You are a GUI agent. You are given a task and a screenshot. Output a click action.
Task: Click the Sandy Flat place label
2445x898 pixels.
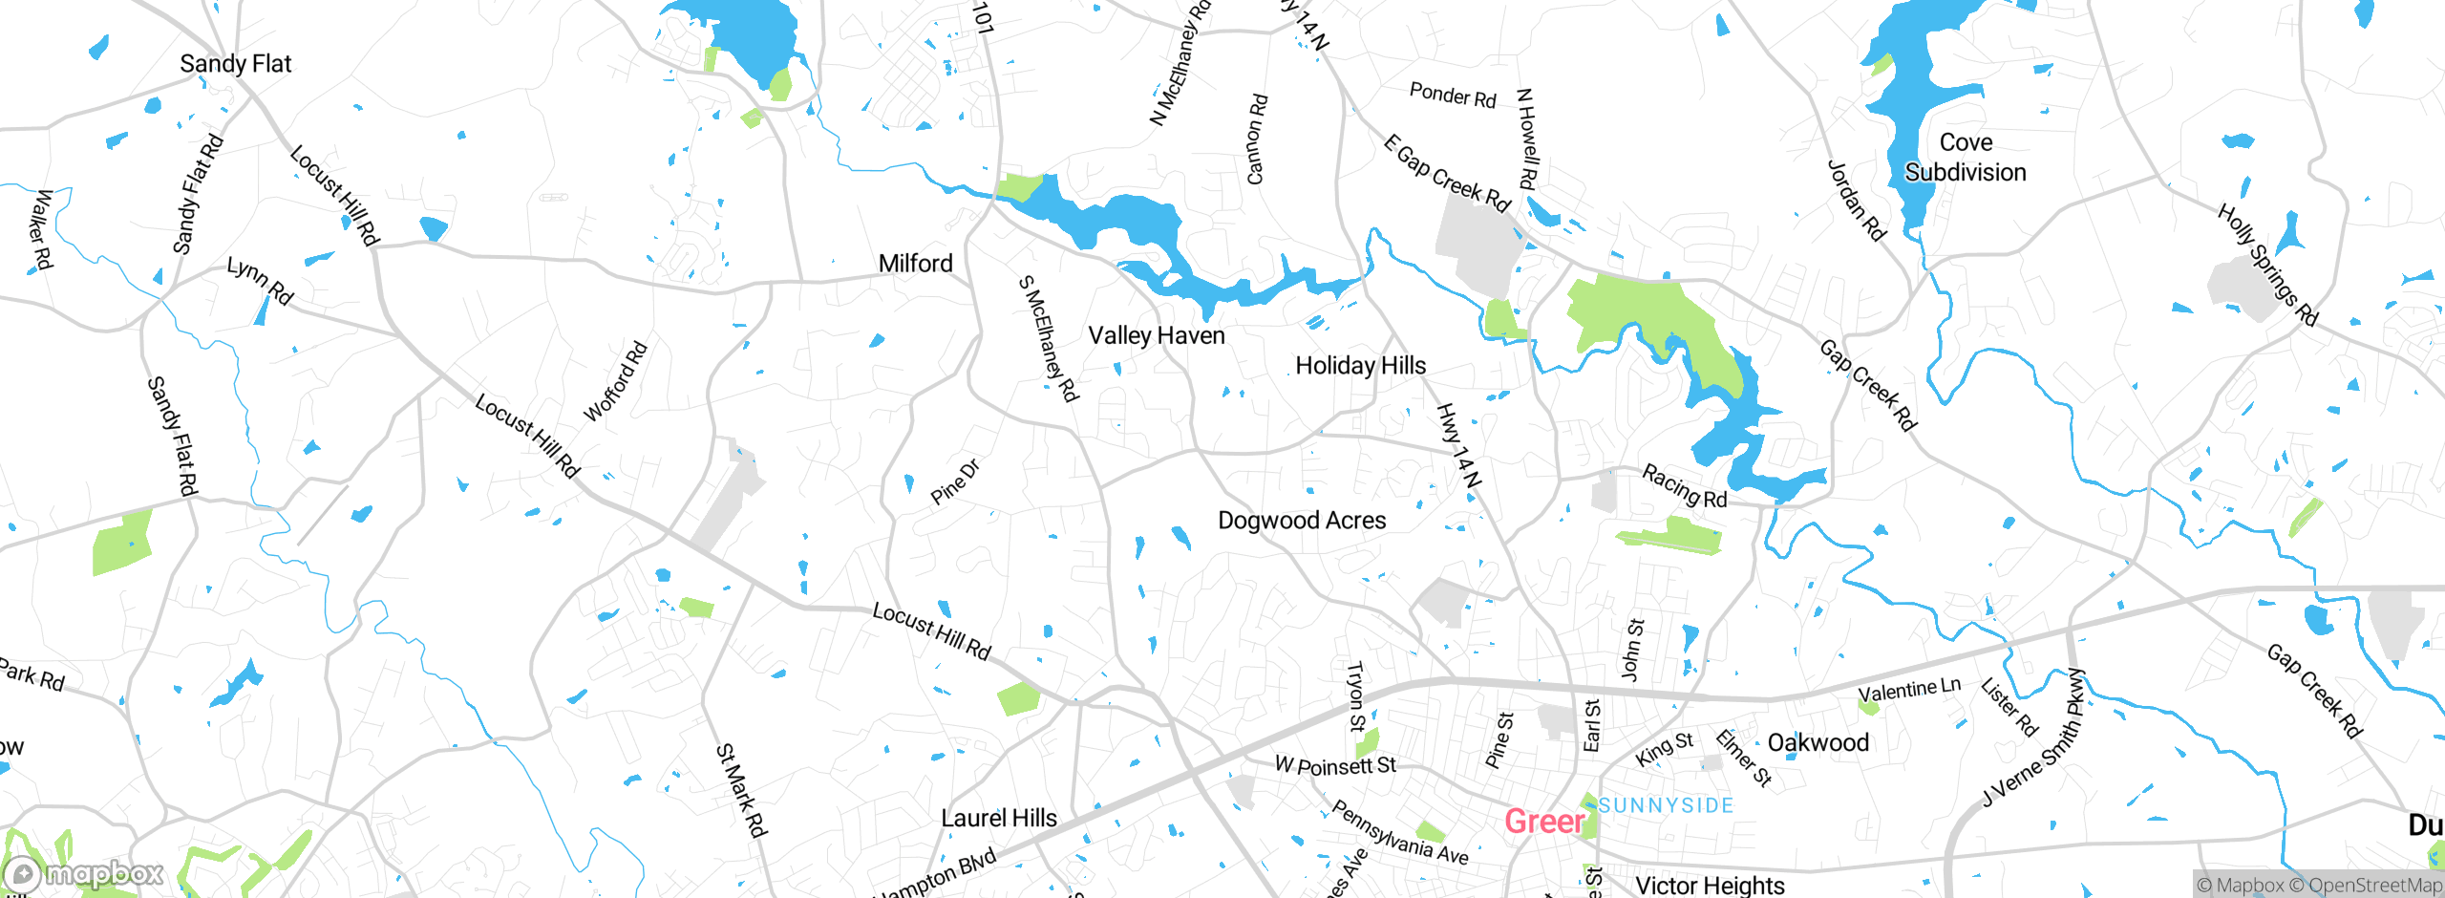coord(235,64)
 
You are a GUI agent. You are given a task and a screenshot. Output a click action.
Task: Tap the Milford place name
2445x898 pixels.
coord(915,264)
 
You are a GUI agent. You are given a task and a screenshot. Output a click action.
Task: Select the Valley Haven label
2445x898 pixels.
coord(1156,336)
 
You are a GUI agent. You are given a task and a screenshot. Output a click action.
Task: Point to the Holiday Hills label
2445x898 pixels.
coord(1360,366)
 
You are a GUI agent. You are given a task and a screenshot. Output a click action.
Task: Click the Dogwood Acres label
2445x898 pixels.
coord(1302,521)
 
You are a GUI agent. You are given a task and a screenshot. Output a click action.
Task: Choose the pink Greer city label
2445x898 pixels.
coord(1543,822)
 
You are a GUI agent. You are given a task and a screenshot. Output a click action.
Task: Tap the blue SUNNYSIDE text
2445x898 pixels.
coord(1666,805)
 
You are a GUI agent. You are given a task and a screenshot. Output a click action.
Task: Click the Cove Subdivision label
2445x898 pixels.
coord(1966,158)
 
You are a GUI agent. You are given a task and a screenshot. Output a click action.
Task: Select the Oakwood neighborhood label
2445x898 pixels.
coord(1818,743)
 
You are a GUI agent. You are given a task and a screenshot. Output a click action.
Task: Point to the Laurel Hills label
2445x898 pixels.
coord(999,819)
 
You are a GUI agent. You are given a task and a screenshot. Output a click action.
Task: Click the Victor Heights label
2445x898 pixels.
coord(1710,886)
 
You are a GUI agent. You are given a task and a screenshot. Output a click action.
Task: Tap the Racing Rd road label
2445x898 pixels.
coord(1685,485)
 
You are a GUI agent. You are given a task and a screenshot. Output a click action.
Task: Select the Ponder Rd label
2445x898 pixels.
coord(1453,96)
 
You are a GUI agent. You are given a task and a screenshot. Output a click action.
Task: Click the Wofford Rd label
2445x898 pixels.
coord(616,381)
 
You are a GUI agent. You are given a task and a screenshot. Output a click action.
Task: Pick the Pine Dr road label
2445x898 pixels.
coord(955,481)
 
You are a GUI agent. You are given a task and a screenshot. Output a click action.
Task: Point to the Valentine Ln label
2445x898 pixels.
coord(1908,689)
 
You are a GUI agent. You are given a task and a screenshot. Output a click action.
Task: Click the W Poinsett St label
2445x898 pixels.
coord(1335,765)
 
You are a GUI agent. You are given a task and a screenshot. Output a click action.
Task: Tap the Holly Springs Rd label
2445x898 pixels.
coord(2267,265)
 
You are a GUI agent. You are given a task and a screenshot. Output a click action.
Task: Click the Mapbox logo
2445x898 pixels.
coord(84,873)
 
